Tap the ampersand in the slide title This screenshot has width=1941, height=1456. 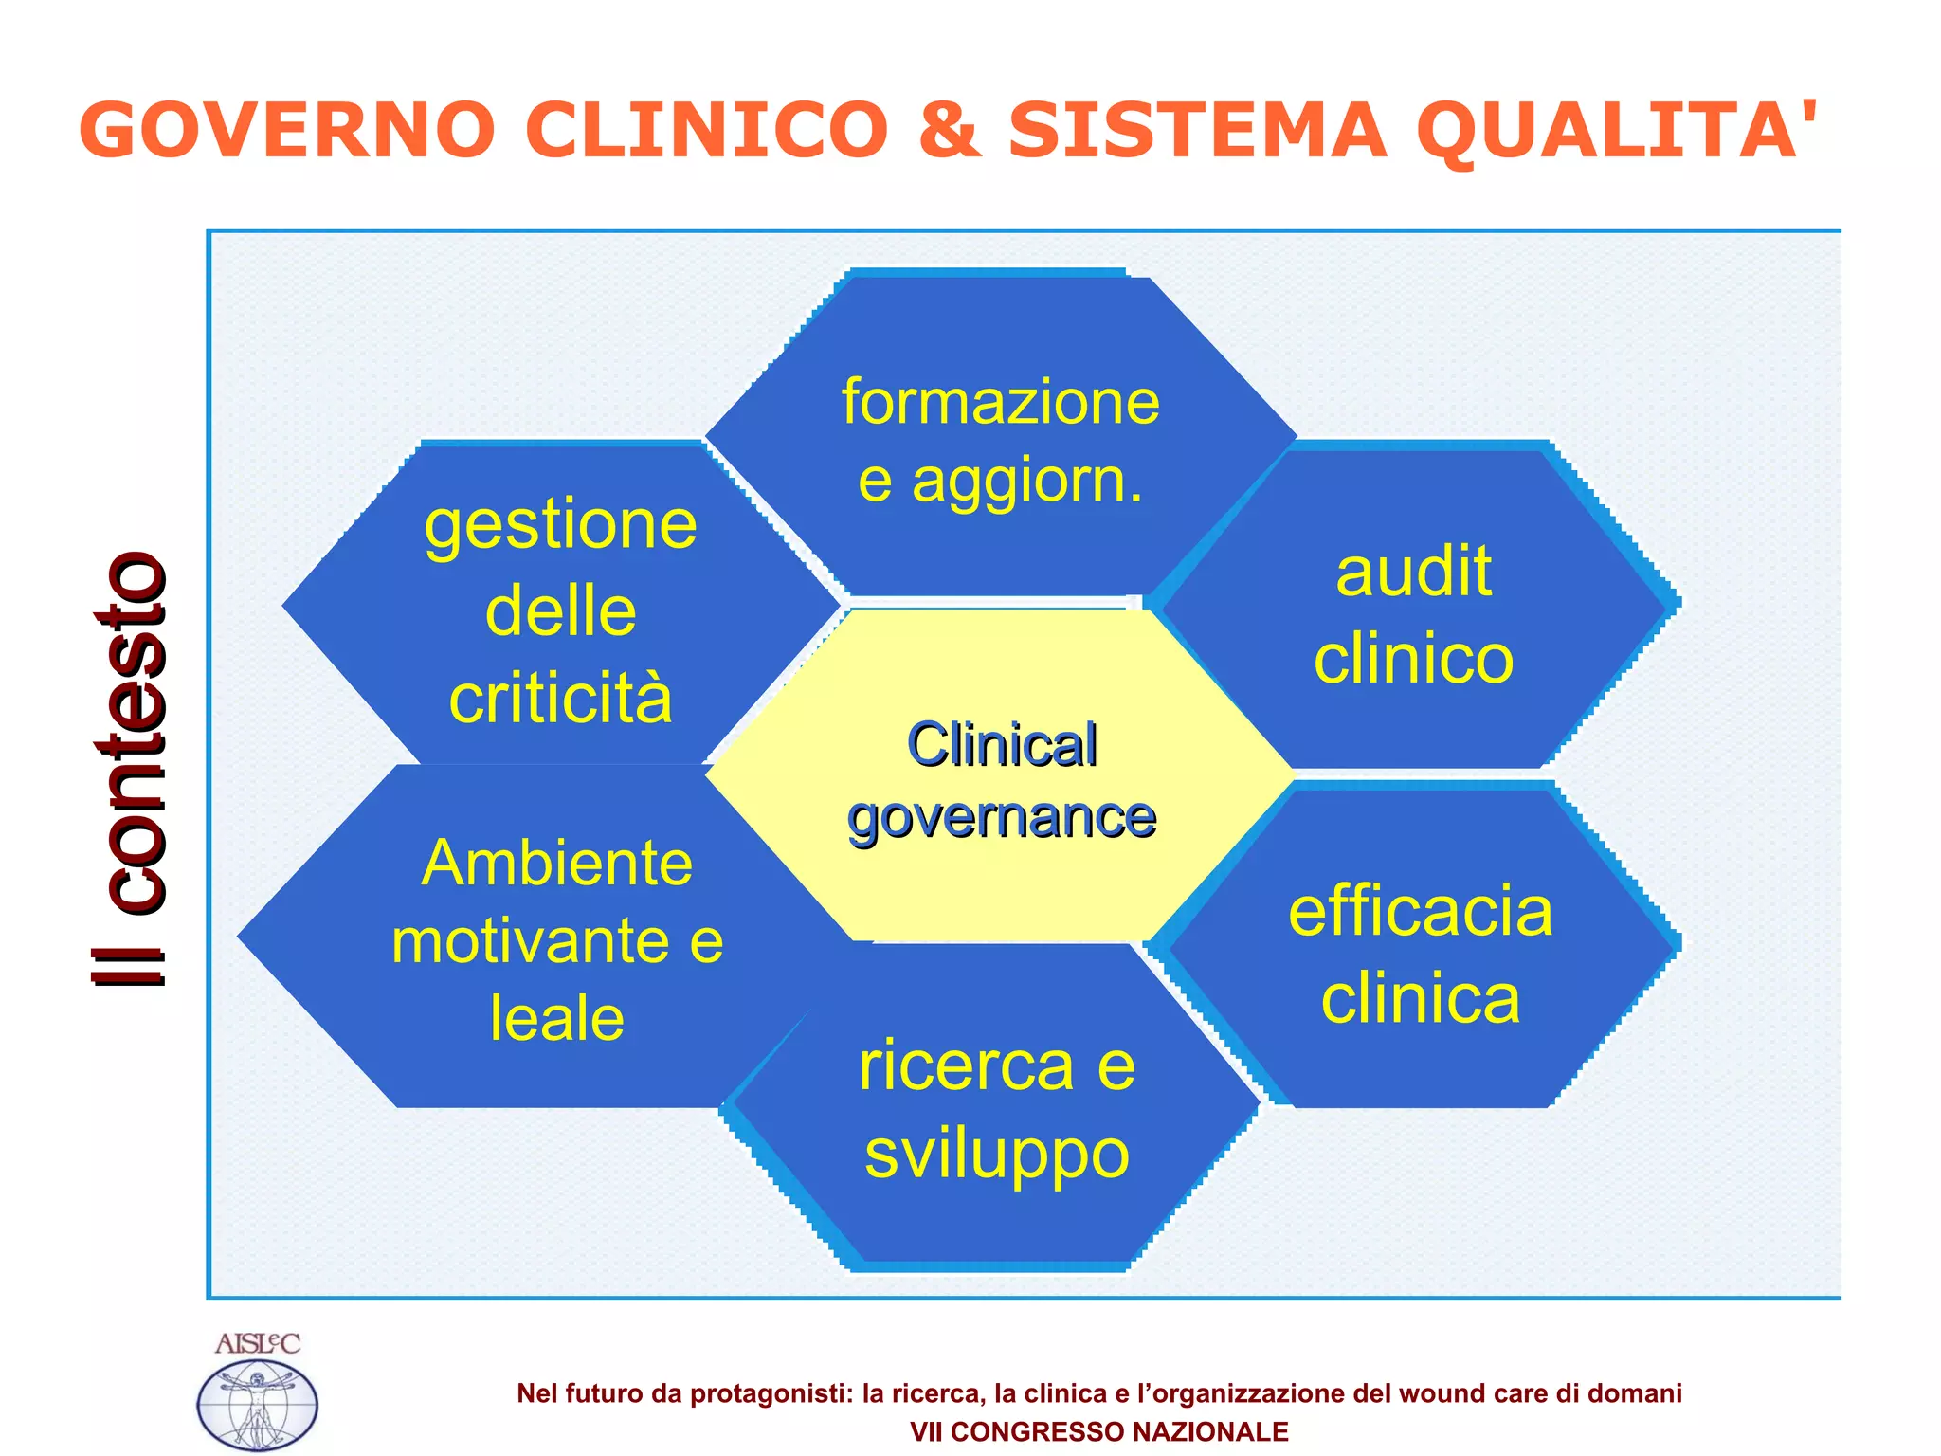click(948, 130)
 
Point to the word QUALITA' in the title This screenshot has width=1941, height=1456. click(1616, 130)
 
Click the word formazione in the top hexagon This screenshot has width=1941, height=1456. click(1000, 402)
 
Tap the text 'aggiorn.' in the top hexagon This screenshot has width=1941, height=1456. click(1027, 481)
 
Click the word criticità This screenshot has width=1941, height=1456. click(560, 698)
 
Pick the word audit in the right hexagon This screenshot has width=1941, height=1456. click(1413, 572)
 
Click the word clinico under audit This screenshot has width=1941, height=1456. click(1413, 659)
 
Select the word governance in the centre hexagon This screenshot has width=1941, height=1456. click(1002, 817)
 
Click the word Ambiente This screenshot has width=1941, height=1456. click(557, 864)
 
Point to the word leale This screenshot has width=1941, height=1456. click(557, 1019)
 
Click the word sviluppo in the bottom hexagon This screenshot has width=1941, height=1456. click(997, 1154)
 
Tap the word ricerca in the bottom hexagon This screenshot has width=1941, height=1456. click(966, 1066)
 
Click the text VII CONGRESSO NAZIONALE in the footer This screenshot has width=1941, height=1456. click(1098, 1431)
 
